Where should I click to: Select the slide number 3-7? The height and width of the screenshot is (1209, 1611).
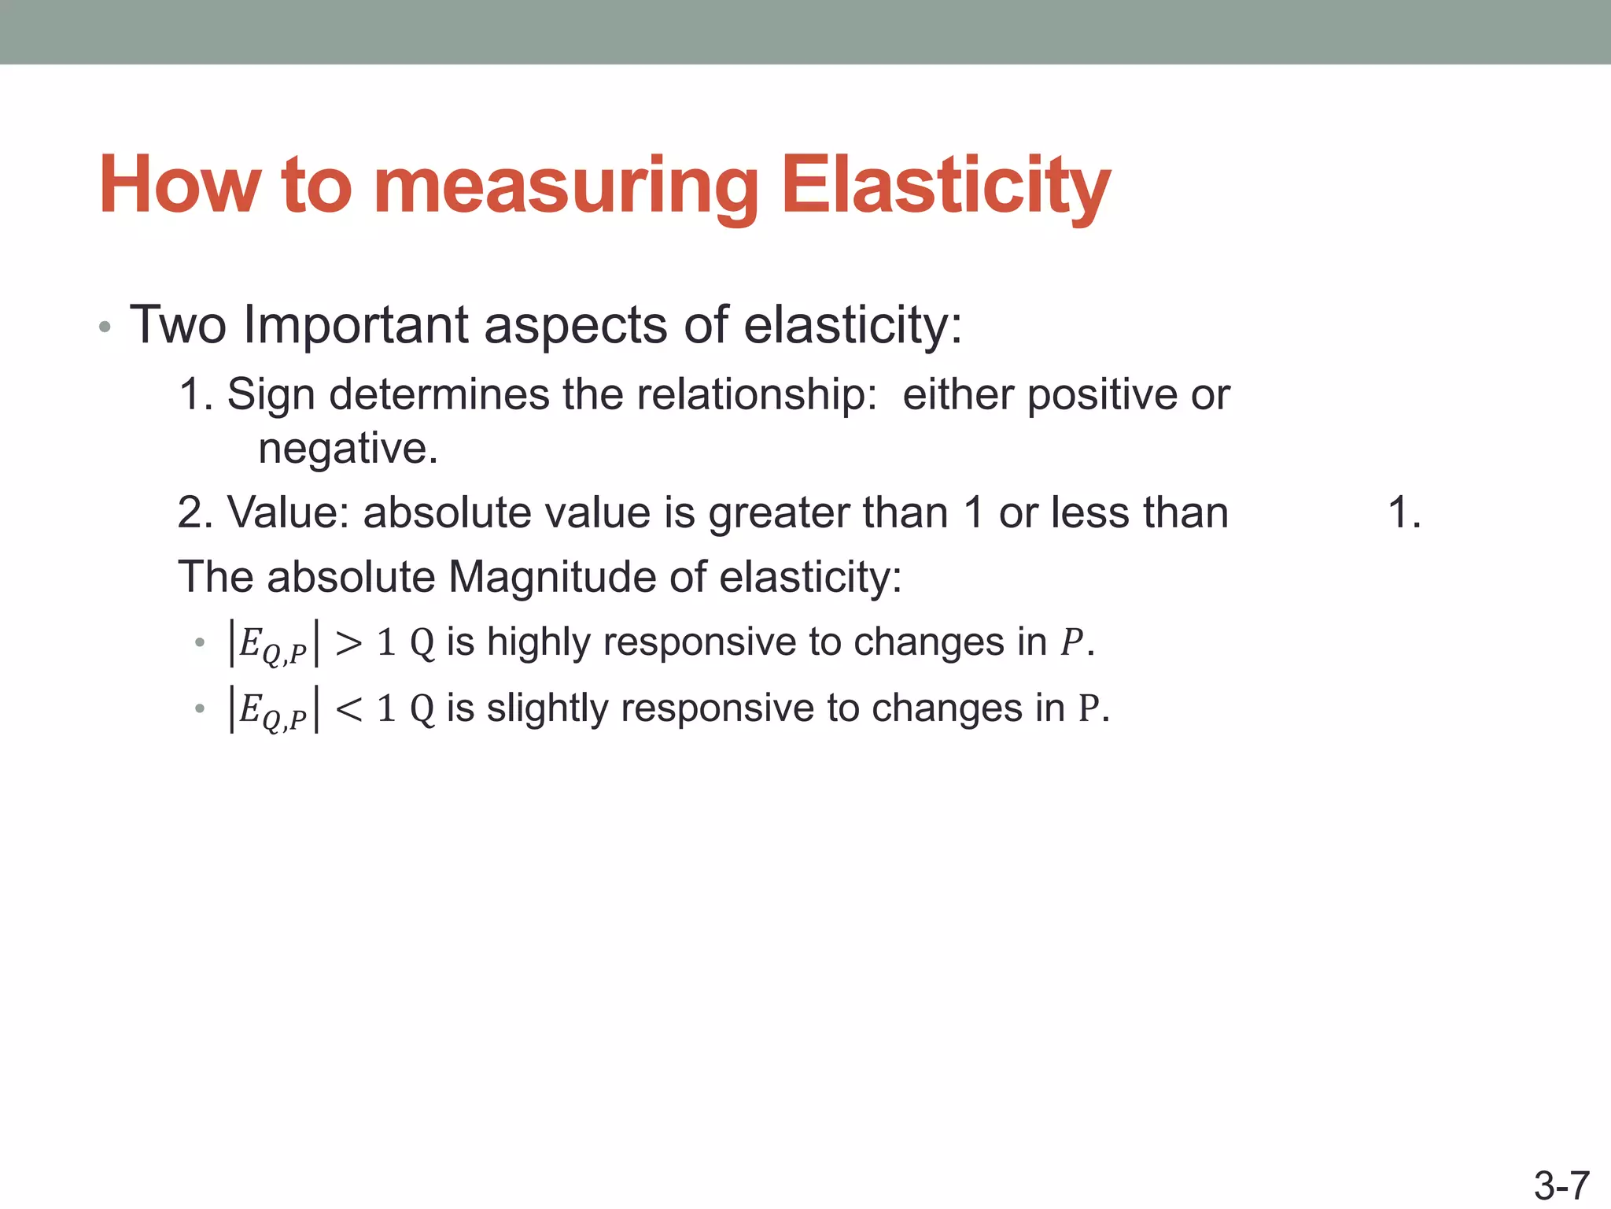point(1561,1185)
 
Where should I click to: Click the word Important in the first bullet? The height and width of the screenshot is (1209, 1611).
point(356,324)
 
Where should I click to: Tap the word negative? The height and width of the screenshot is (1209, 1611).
point(347,449)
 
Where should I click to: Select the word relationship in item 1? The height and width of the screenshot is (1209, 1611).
point(756,395)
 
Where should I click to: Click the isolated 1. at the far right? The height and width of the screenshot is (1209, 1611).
point(1404,512)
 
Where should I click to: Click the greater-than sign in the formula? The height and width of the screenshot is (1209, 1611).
point(348,643)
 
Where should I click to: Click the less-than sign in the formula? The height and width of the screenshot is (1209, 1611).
point(348,709)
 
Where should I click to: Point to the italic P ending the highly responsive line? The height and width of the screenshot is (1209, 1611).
point(1071,643)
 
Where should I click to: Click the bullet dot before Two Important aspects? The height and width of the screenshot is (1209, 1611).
point(105,327)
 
